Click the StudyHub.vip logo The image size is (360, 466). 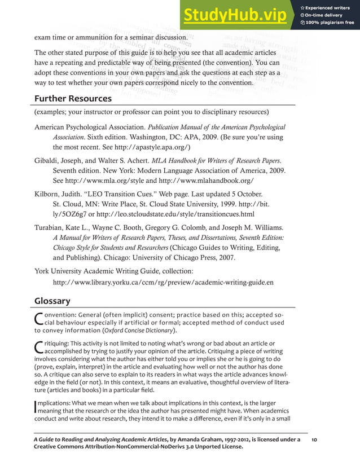(234, 17)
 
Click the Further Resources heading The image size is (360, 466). (73, 99)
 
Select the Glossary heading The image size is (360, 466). (52, 301)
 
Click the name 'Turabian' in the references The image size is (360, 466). (52, 227)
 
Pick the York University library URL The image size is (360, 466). (163, 282)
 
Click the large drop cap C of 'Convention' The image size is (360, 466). (39, 320)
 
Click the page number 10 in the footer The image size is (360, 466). (315, 438)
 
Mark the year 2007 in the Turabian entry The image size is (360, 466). (225, 258)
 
